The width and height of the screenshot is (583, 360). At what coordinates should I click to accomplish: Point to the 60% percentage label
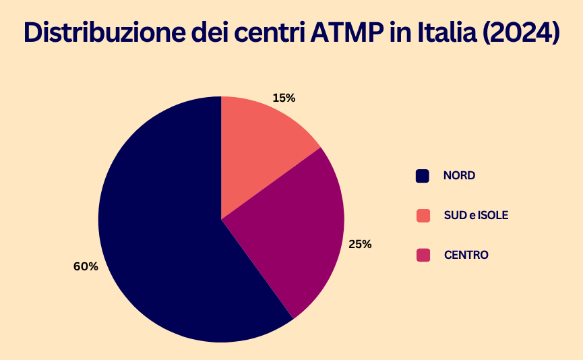[86, 266]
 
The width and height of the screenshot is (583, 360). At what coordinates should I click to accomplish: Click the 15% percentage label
[284, 98]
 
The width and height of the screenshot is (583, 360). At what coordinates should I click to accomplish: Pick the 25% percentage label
[360, 244]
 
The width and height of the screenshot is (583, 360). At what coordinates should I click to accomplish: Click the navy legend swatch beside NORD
[423, 176]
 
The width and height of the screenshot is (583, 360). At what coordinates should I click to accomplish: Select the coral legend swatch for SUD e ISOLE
[423, 216]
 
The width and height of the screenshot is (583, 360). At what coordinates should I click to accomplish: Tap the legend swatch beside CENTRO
[423, 256]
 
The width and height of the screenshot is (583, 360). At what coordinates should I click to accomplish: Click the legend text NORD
[459, 176]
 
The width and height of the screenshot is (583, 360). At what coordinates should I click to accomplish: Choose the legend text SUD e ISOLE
[476, 216]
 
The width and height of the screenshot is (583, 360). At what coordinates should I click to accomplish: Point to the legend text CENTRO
[466, 256]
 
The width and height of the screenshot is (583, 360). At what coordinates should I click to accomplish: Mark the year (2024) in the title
[520, 33]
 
